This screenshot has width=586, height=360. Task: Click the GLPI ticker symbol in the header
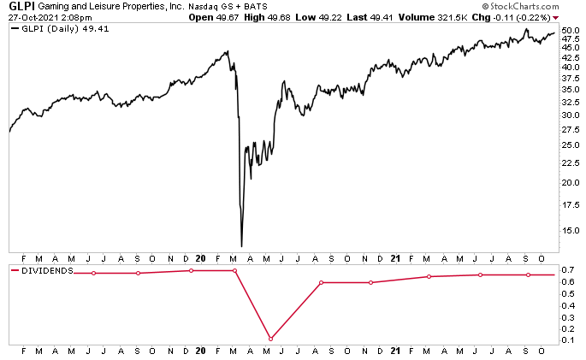click(19, 6)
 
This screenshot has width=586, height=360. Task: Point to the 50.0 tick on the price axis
click(571, 31)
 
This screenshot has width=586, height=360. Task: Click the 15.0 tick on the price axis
click(571, 231)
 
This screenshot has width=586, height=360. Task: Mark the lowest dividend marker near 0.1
click(270, 339)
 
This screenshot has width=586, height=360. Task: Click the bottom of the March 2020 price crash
click(242, 245)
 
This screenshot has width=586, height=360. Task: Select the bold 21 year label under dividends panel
click(394, 351)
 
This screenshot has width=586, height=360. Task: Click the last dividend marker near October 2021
click(528, 274)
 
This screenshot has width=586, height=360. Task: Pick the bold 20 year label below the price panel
click(200, 257)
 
